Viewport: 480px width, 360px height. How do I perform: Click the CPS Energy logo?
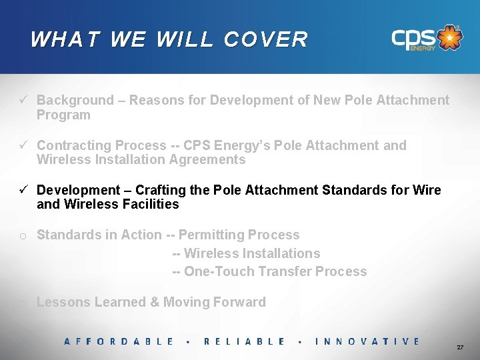426,39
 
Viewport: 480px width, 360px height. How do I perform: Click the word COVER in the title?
266,40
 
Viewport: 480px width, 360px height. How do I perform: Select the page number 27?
460,348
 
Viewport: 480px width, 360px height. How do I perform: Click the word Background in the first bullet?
75,101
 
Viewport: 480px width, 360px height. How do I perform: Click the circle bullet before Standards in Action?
23,235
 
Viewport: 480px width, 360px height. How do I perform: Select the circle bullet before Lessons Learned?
23,303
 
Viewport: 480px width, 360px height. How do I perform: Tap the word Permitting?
212,235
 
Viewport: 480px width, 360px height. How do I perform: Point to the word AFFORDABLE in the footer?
119,341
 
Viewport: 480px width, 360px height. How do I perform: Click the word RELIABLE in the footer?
244,341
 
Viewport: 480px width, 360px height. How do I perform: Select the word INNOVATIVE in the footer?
367,341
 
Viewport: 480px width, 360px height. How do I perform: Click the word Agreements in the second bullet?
210,160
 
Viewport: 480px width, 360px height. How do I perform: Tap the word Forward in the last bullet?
239,302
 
